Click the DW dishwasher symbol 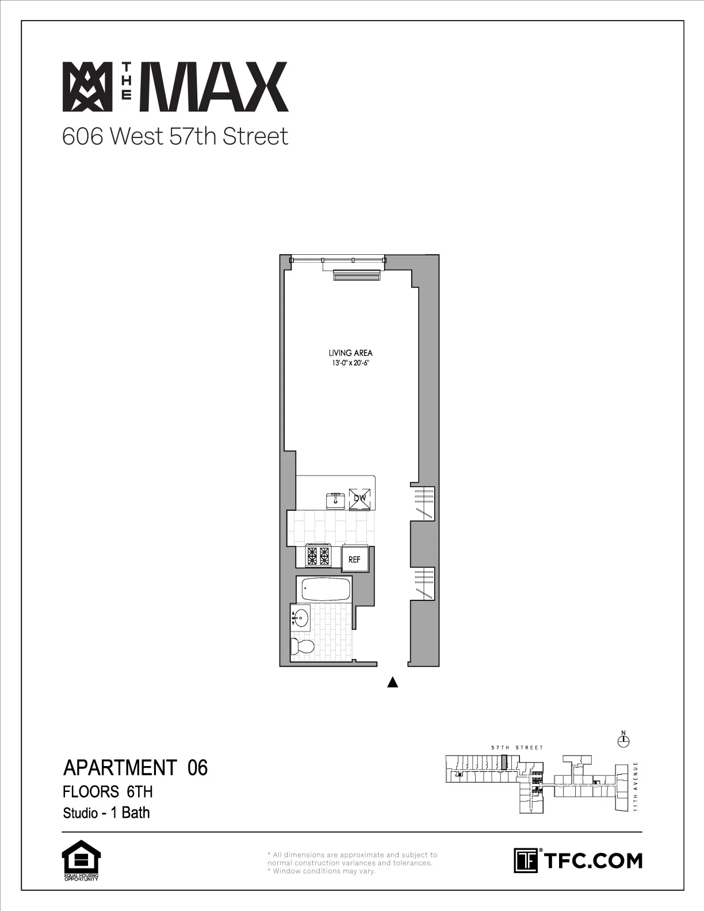360,499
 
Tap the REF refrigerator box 354,559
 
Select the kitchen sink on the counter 335,500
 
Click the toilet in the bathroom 303,646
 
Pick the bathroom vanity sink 301,619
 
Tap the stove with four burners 319,556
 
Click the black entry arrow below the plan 393,683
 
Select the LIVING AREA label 347,353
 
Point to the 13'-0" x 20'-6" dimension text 347,363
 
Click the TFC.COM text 592,861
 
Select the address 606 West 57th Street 175,137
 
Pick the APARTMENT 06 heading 135,768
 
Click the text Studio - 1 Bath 106,813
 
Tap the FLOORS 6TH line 108,792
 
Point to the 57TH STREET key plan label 517,748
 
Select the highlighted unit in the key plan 504,763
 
